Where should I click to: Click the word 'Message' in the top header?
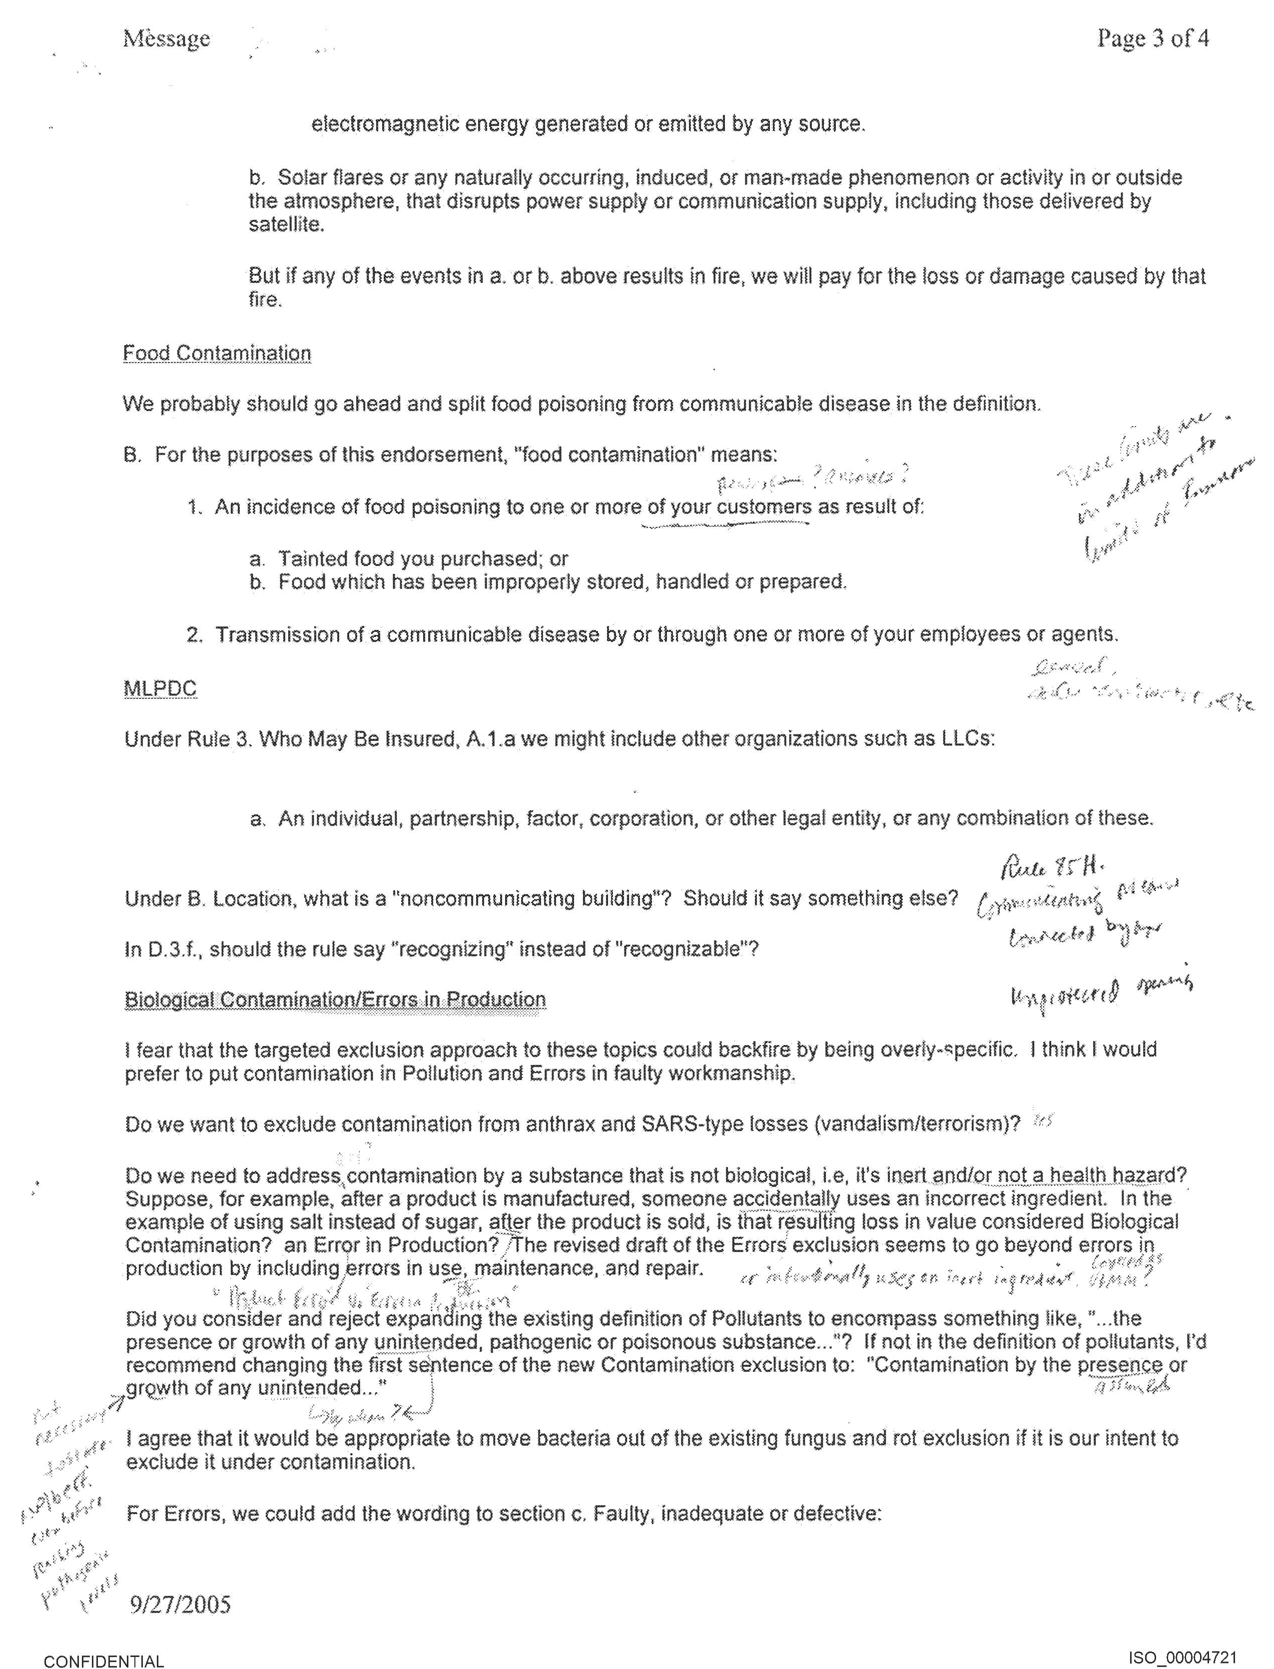[166, 38]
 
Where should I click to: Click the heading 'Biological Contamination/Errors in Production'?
[335, 1000]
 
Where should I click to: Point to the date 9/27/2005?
[180, 1605]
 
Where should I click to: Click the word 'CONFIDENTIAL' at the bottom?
[104, 1656]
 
